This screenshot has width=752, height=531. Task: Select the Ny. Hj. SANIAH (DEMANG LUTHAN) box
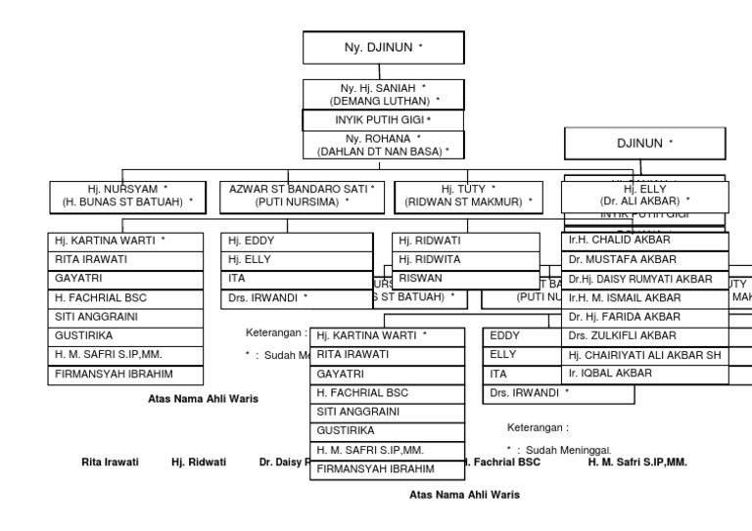point(382,94)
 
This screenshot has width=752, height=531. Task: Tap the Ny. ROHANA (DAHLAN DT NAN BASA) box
point(382,145)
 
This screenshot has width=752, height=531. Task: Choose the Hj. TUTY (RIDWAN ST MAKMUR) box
point(469,196)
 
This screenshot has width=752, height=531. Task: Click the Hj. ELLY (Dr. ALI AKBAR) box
point(644,196)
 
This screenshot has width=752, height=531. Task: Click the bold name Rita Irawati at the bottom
point(110,462)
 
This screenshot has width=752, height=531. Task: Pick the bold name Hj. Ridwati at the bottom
point(199,462)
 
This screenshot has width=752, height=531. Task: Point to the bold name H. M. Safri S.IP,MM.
point(637,462)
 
